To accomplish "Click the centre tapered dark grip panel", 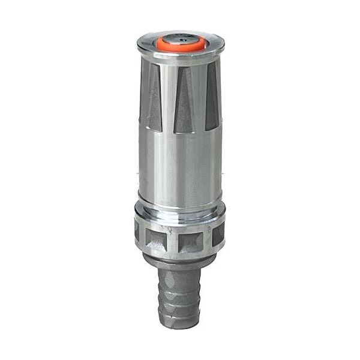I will click(184, 102).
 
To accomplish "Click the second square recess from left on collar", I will click(158, 238).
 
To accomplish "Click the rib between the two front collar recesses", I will click(175, 240).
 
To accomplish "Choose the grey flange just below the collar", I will click(180, 259).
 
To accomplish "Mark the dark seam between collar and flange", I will click(180, 254).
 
